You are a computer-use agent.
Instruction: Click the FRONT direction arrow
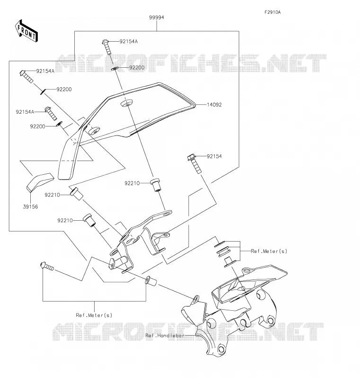click(26, 31)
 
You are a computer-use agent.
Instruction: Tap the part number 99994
click(157, 18)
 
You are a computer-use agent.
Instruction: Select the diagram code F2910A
click(272, 12)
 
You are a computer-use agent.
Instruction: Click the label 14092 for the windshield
click(214, 105)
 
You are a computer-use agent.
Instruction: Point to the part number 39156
click(30, 207)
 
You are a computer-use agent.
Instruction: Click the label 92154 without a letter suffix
click(214, 156)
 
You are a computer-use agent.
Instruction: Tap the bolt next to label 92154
click(194, 164)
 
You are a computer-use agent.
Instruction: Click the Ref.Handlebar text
click(165, 335)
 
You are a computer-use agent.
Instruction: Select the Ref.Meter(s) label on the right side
click(269, 251)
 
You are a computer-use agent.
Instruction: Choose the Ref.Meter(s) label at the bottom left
click(94, 315)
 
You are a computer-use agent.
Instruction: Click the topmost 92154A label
click(129, 42)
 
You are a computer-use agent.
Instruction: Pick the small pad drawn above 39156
click(40, 182)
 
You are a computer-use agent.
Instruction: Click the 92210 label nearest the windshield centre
click(132, 183)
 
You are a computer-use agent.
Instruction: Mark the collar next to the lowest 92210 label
click(89, 220)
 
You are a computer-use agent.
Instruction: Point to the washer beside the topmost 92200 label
click(114, 69)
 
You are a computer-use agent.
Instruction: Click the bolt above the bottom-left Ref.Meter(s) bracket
click(47, 266)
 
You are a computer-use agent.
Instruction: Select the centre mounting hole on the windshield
click(126, 103)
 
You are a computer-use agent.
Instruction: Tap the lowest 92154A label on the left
click(25, 112)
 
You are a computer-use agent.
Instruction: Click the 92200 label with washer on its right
click(37, 126)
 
